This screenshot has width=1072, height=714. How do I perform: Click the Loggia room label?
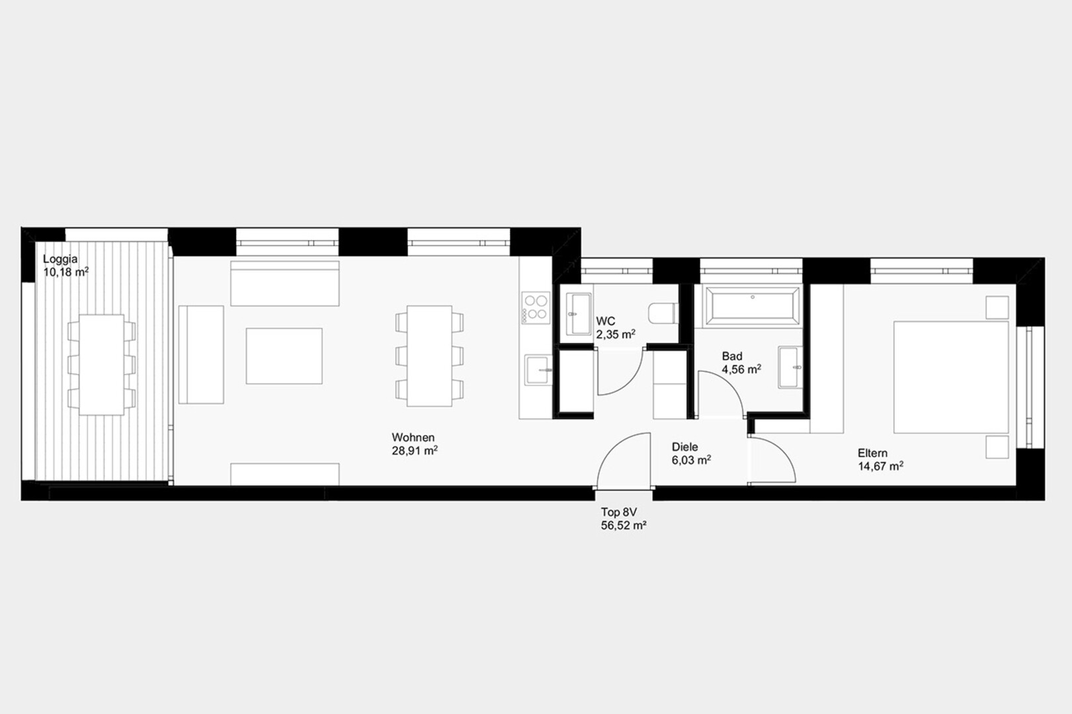60,259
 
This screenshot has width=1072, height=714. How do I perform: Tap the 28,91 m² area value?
415,451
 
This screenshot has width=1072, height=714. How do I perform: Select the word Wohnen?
413,438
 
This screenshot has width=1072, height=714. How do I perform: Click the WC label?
605,321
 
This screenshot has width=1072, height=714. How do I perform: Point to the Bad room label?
732,356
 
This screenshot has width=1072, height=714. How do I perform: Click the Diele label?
685,447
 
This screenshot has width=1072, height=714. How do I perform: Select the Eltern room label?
872,453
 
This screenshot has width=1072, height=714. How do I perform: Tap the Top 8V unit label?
619,512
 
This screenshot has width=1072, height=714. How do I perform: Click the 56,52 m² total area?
624,526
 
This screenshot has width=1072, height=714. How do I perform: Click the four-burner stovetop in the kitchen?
536,307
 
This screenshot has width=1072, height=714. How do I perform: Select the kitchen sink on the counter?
538,370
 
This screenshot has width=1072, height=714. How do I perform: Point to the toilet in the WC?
663,313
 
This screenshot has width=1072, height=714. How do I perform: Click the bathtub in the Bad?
753,306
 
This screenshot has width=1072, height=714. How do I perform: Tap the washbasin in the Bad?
790,367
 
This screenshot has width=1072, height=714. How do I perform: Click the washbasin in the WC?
579,314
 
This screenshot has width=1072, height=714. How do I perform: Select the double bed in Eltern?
951,377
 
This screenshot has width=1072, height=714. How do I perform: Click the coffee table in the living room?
284,356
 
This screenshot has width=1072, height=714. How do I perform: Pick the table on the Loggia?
101,365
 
